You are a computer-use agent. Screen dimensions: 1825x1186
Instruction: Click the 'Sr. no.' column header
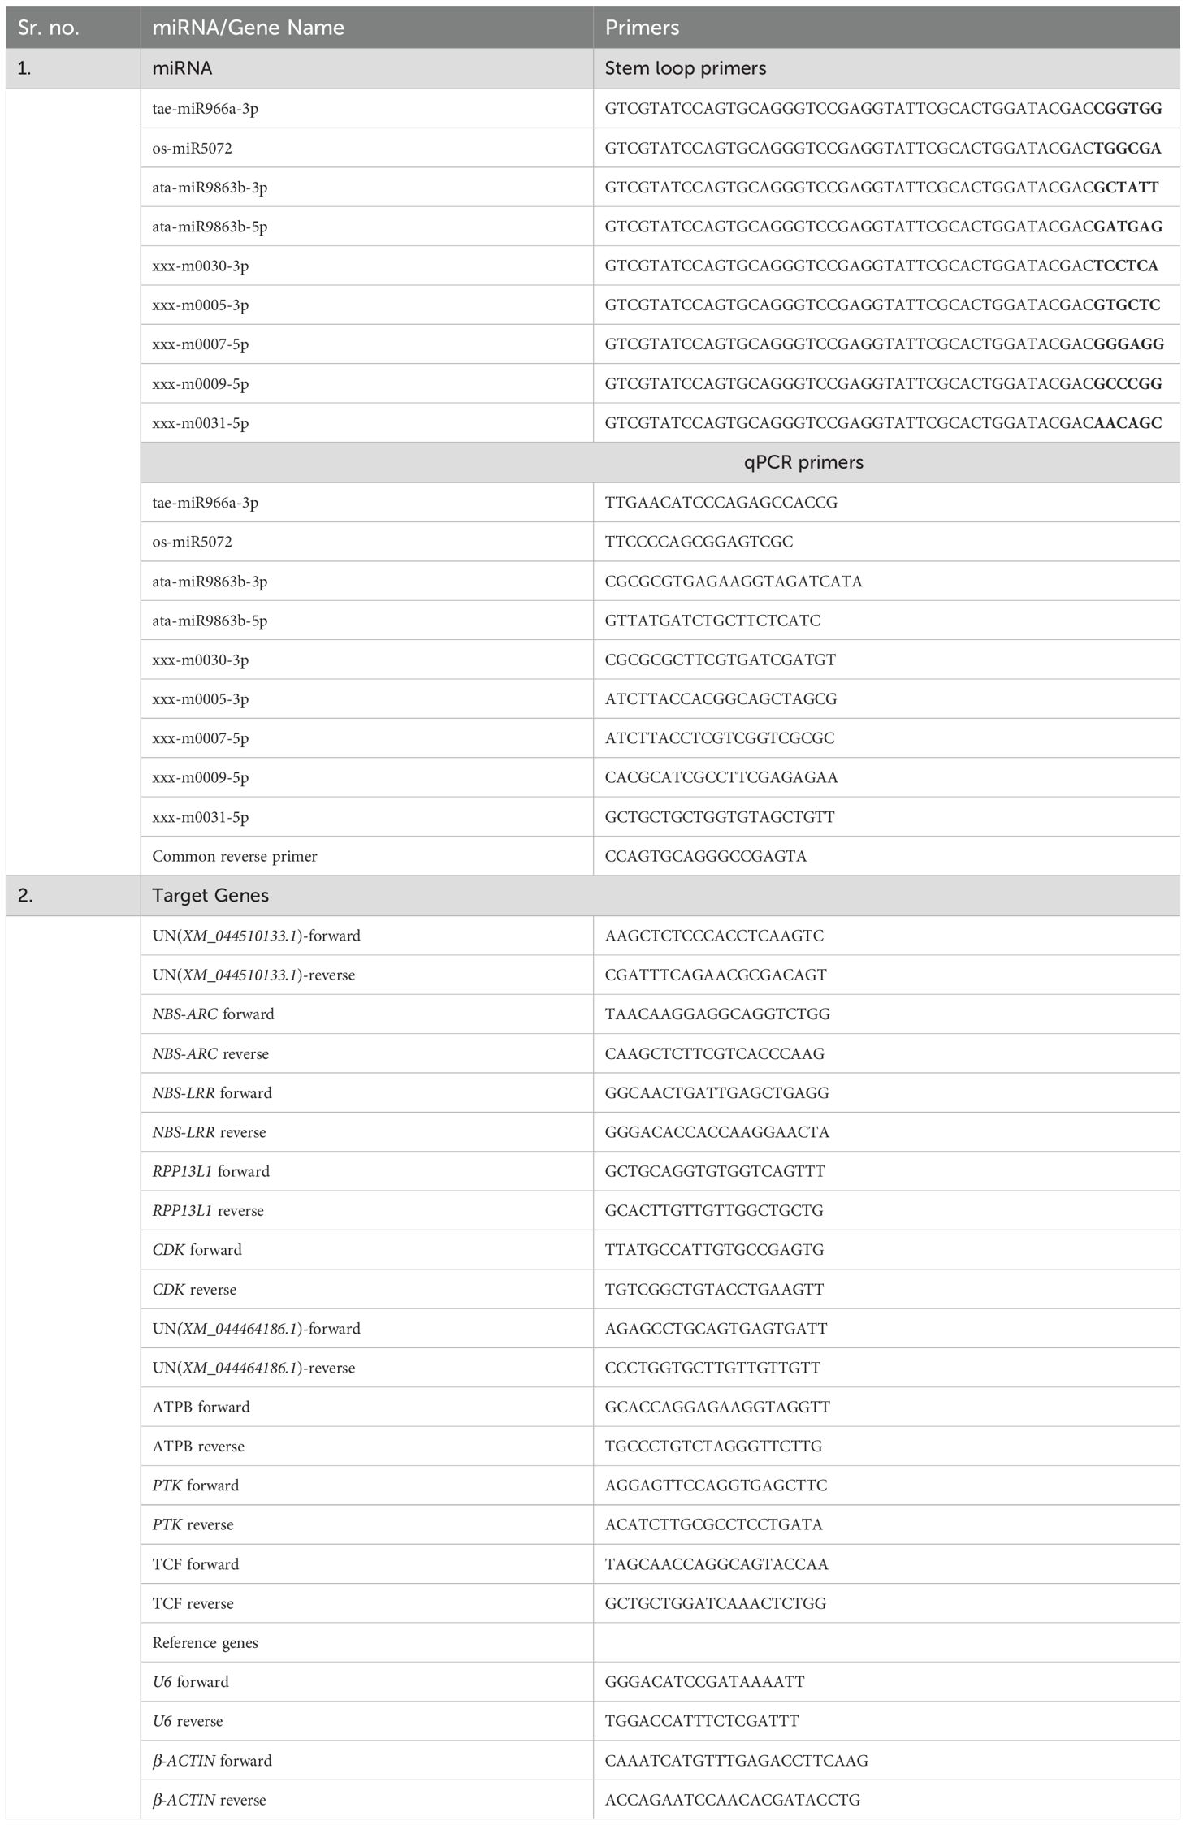click(x=49, y=28)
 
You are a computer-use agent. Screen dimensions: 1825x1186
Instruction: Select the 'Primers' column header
click(x=642, y=28)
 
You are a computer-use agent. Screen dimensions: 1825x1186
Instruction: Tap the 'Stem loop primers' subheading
click(x=685, y=68)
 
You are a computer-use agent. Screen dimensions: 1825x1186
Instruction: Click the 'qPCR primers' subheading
click(x=803, y=462)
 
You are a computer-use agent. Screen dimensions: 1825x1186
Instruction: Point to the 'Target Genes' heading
click(x=210, y=895)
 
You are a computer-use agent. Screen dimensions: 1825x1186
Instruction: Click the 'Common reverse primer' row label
click(x=235, y=856)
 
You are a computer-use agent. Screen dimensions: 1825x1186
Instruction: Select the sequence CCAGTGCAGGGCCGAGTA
click(x=705, y=856)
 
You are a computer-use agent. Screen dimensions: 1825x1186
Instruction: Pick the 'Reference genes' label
click(x=206, y=1642)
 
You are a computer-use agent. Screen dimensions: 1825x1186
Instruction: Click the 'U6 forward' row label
click(x=191, y=1681)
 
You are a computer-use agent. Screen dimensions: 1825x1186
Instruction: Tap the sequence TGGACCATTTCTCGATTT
click(x=702, y=1721)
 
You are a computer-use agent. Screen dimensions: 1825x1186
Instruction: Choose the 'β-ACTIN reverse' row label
click(x=210, y=1800)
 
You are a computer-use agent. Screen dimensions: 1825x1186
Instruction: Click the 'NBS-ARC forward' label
click(x=214, y=1014)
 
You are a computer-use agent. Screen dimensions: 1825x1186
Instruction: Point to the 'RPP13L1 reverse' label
click(x=208, y=1210)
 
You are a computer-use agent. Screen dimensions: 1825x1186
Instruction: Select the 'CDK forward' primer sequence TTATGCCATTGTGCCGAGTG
click(x=714, y=1249)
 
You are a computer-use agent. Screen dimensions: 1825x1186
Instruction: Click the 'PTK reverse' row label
click(x=193, y=1524)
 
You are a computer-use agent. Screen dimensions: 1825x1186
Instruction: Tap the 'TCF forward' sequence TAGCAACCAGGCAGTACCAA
click(x=716, y=1563)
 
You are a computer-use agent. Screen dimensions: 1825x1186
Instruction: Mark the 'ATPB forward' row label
click(x=201, y=1407)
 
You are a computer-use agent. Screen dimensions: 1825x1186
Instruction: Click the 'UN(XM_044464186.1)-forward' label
click(x=257, y=1328)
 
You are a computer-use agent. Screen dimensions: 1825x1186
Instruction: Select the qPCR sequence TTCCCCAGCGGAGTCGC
click(x=699, y=541)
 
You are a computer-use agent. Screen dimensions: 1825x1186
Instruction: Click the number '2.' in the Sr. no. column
click(x=25, y=895)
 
